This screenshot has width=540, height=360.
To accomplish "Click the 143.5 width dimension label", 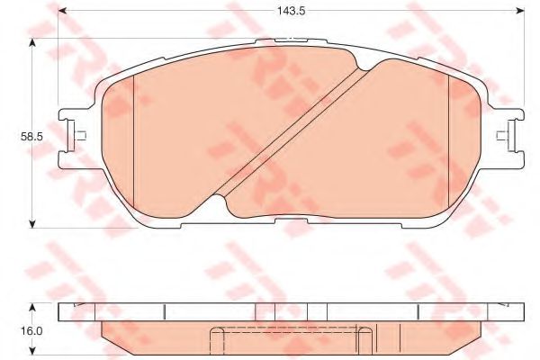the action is [x=292, y=11].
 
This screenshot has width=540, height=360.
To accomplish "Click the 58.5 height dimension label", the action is [x=31, y=137].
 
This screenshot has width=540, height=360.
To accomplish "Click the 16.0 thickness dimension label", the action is [x=31, y=331].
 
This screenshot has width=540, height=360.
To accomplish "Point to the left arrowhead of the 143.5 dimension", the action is [x=62, y=11].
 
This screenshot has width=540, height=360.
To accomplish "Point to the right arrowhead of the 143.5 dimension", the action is [x=520, y=11].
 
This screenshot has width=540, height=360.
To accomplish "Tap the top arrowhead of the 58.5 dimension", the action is [x=32, y=42].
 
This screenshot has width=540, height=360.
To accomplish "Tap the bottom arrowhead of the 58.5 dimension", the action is [x=32, y=223].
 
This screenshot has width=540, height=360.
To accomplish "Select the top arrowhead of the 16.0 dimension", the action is [x=32, y=307].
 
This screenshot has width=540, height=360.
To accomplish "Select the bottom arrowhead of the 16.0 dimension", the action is [x=32, y=351].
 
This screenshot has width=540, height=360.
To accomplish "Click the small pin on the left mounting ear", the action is [x=80, y=136].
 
